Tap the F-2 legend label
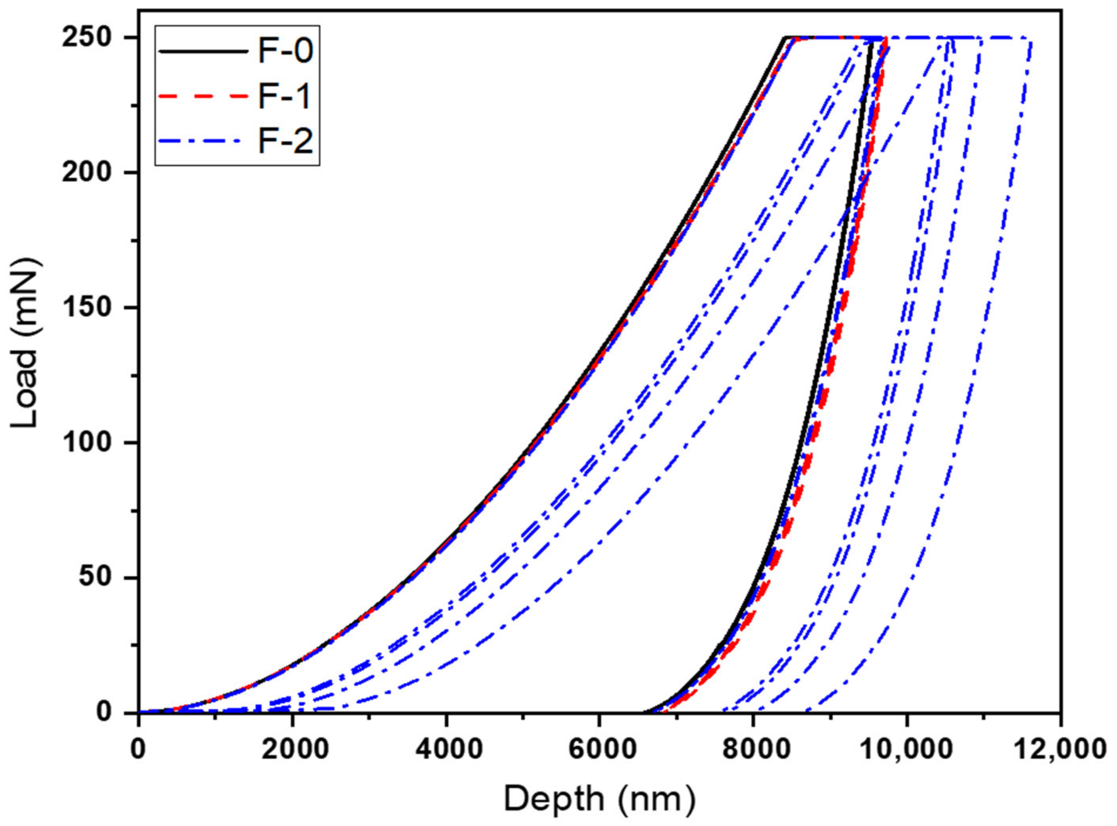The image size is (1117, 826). pos(285,141)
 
